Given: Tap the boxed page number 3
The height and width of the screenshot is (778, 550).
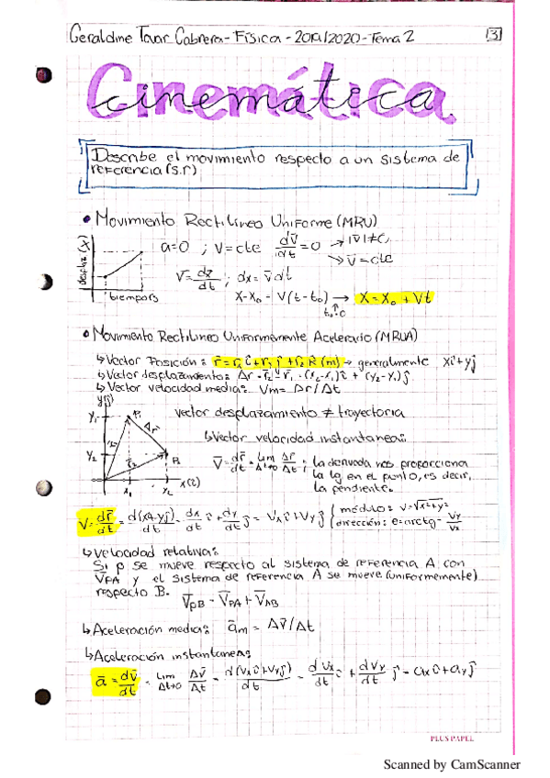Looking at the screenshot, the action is [493, 36].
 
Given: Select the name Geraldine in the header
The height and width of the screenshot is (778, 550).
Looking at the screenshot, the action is [100, 38].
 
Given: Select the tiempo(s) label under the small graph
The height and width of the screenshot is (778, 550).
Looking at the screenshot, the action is [134, 298].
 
